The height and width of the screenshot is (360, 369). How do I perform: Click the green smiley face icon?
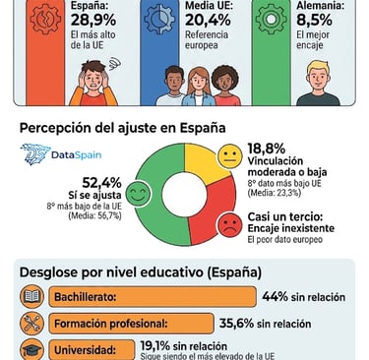(138, 195)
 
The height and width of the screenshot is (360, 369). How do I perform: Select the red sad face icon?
(228, 222)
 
